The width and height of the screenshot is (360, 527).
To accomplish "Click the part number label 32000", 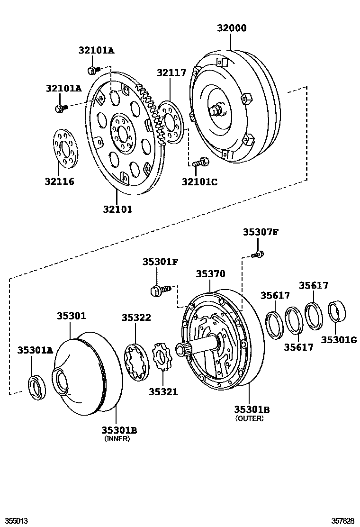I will (x=232, y=28).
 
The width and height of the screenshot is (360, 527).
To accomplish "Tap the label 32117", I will (x=171, y=72).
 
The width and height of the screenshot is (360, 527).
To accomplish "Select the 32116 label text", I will (x=60, y=181).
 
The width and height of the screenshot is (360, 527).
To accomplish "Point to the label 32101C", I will (x=199, y=181).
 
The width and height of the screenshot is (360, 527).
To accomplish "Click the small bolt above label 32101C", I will (x=200, y=162).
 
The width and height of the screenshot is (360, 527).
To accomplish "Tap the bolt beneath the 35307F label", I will (x=258, y=254).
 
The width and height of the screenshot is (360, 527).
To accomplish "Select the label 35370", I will (x=211, y=274).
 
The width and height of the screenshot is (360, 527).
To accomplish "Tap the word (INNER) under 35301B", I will (x=117, y=439).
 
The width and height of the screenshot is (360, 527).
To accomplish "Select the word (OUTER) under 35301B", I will (x=249, y=418).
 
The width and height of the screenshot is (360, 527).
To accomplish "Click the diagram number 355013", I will (x=14, y=521).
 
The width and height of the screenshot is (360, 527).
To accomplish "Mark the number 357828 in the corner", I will (x=342, y=521).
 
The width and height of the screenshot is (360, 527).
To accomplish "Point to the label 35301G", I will (x=339, y=339).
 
